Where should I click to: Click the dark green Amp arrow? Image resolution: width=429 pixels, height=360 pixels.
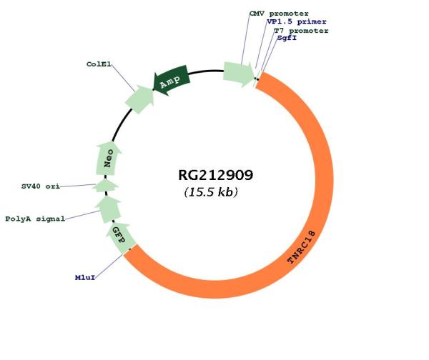point(171,81)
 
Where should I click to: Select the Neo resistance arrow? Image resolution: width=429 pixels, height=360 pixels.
point(109,159)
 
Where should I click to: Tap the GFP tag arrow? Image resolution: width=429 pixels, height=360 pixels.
point(119,237)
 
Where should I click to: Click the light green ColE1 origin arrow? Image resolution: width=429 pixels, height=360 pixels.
point(139,99)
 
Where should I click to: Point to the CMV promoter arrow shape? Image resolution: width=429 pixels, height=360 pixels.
point(239,74)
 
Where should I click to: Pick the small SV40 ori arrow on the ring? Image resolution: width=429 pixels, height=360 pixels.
point(105,185)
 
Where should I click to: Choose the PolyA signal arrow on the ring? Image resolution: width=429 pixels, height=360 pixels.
point(109,209)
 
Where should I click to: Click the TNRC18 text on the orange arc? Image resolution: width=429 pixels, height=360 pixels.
point(302,247)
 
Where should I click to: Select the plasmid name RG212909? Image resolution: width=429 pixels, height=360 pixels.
point(216,175)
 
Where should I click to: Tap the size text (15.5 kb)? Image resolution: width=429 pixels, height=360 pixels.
point(211,192)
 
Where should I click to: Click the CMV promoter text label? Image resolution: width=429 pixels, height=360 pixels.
point(279,14)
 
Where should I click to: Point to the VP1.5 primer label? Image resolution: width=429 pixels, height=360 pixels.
point(297,21)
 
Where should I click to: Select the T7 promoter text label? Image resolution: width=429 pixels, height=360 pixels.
point(301,31)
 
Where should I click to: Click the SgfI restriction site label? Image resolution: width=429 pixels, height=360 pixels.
point(287,38)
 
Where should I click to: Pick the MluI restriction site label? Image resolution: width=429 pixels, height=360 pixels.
point(85,277)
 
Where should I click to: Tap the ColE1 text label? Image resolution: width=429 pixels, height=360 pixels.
point(99,64)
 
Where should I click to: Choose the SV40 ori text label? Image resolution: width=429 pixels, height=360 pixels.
point(41,186)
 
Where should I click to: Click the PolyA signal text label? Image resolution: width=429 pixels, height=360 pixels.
point(35,219)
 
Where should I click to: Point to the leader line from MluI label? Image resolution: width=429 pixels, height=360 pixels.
point(109,266)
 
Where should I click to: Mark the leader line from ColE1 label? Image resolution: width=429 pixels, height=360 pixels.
point(123,77)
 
